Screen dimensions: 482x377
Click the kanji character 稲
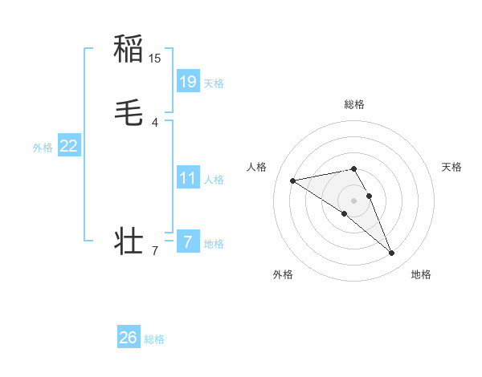coord(129,49)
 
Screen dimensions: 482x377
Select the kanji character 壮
coord(129,241)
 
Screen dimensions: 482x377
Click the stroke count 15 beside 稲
coord(155,59)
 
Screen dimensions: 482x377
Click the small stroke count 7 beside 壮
coord(155,251)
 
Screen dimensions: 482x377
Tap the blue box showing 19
coord(188,81)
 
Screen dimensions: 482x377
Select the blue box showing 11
coord(188,177)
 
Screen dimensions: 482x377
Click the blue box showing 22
coord(69,145)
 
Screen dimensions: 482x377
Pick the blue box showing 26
coord(129,338)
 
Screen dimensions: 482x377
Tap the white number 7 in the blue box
coord(188,241)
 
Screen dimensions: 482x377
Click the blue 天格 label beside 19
coord(214,83)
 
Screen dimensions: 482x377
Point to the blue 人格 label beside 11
coord(214,180)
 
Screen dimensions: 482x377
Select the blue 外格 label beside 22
coord(43,148)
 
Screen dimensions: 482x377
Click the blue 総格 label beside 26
coord(154,340)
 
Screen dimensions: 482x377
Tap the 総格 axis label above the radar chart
coord(353,104)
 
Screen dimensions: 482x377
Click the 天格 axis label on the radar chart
coord(451,167)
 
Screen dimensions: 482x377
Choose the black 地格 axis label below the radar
coord(421,275)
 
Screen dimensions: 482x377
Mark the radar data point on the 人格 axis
coord(293,180)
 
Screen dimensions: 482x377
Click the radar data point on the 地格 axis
coord(392,253)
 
